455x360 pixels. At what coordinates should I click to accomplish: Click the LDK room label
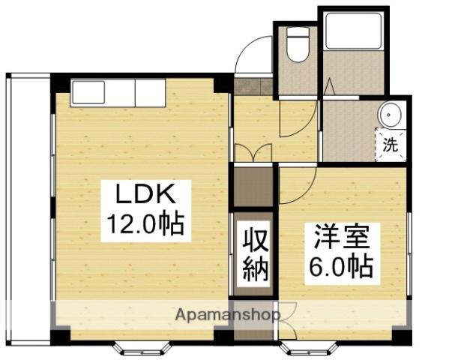(145, 196)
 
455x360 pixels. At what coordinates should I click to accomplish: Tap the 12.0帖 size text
(144, 223)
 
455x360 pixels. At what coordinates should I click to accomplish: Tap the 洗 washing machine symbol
(391, 143)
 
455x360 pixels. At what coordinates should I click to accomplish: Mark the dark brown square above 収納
(253, 187)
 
